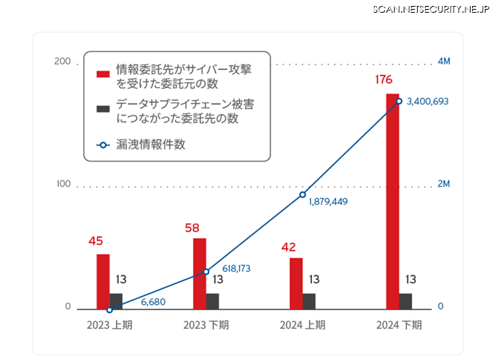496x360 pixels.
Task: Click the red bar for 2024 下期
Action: (x=392, y=200)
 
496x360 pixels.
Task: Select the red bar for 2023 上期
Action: (x=103, y=281)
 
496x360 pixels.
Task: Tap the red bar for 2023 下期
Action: (x=200, y=273)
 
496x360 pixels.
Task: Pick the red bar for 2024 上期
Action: (x=296, y=282)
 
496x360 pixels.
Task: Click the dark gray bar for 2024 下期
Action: (x=405, y=300)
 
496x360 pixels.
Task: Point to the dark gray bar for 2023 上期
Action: (x=116, y=300)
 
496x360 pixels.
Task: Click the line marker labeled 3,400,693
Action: (x=399, y=101)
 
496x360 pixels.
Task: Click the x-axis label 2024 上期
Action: (x=302, y=325)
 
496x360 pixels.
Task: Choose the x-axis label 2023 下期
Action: (x=206, y=325)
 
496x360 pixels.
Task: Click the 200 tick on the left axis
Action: (x=63, y=61)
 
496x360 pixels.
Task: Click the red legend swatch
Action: (x=103, y=73)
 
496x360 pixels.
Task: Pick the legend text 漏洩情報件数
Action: (x=150, y=145)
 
